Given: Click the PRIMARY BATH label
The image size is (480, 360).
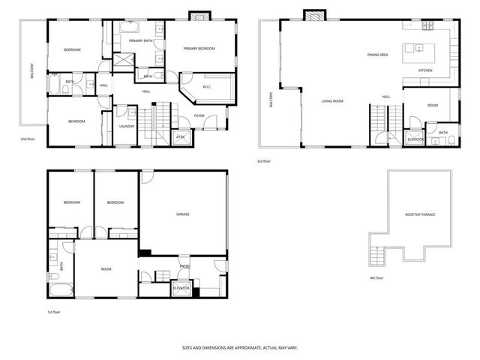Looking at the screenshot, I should click(141, 41).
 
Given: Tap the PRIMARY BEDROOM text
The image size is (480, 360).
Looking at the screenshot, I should click(199, 49).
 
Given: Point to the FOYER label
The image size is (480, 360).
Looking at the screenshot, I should click(199, 115).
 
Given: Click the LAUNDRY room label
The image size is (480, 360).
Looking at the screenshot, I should click(127, 126).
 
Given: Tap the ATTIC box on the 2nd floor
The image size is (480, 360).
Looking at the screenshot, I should click(180, 136).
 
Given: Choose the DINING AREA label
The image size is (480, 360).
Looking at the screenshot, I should click(377, 55).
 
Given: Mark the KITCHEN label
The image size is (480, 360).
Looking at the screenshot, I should click(425, 70).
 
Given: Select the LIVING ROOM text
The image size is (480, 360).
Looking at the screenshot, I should click(332, 100).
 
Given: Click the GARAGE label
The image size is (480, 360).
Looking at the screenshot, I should click(182, 214).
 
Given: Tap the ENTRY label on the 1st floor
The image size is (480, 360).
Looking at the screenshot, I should click(184, 265).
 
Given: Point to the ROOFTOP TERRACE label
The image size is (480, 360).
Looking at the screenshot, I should click(420, 215).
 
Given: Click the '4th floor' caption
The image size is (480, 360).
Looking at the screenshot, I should click(376, 278).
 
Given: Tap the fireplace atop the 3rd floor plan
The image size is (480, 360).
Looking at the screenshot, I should click(313, 16).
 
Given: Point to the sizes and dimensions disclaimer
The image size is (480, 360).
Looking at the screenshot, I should click(240, 347).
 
